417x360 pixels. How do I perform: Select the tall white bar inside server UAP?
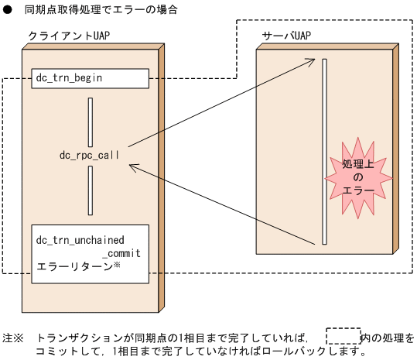pos(325,152)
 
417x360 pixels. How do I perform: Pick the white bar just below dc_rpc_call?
pos(91,190)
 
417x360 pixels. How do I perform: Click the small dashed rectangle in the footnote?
pos(343,337)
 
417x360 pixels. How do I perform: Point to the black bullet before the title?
pos(7,10)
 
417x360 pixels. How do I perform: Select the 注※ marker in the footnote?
pos(13,338)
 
